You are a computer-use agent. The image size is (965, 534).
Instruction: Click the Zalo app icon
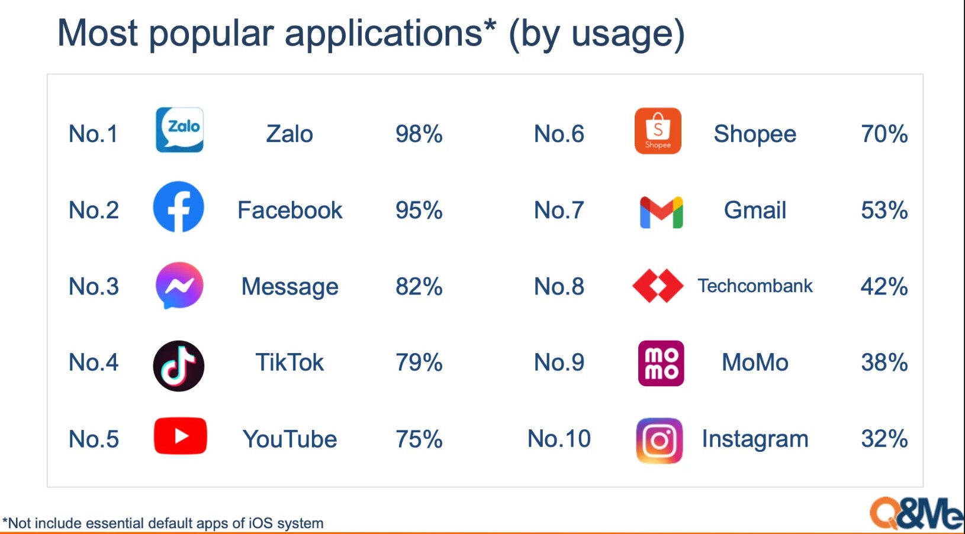(179, 130)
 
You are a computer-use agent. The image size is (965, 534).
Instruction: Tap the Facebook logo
(178, 207)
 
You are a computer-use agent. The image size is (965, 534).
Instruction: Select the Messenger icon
(179, 285)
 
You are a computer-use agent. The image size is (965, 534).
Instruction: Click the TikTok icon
(178, 365)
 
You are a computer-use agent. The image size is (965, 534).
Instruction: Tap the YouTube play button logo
(180, 436)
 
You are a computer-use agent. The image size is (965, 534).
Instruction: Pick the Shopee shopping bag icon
(658, 131)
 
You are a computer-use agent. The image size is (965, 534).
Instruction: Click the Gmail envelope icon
(661, 212)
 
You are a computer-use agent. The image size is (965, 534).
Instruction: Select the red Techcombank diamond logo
(658, 286)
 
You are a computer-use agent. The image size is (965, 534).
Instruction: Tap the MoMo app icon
(661, 363)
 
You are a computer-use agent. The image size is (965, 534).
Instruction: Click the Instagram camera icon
(659, 441)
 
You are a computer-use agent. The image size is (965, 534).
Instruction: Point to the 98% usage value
(419, 134)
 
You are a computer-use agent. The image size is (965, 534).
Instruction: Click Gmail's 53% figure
(884, 211)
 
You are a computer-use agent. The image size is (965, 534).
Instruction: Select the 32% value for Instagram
(884, 439)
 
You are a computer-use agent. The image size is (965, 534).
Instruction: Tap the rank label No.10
(559, 439)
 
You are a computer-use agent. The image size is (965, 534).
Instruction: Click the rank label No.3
(94, 287)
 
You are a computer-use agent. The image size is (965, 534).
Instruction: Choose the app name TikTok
(289, 363)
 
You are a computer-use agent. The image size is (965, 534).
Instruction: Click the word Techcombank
(755, 286)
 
